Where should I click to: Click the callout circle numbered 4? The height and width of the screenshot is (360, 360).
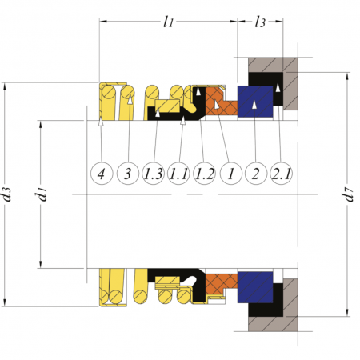(x=102, y=174)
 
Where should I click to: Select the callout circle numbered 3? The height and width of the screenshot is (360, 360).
(x=128, y=174)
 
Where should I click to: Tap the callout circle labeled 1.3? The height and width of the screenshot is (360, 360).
(x=153, y=174)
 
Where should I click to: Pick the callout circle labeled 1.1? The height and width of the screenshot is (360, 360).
(x=178, y=174)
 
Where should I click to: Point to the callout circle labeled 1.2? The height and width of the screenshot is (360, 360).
(x=204, y=174)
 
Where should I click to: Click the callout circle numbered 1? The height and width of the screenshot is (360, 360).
(x=231, y=174)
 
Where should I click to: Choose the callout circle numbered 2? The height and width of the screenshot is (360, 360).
(x=256, y=174)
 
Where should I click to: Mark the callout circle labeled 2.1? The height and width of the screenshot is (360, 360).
(x=282, y=174)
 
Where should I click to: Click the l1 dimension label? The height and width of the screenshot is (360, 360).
(x=168, y=22)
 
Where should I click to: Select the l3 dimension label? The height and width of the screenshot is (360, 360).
(x=260, y=22)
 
